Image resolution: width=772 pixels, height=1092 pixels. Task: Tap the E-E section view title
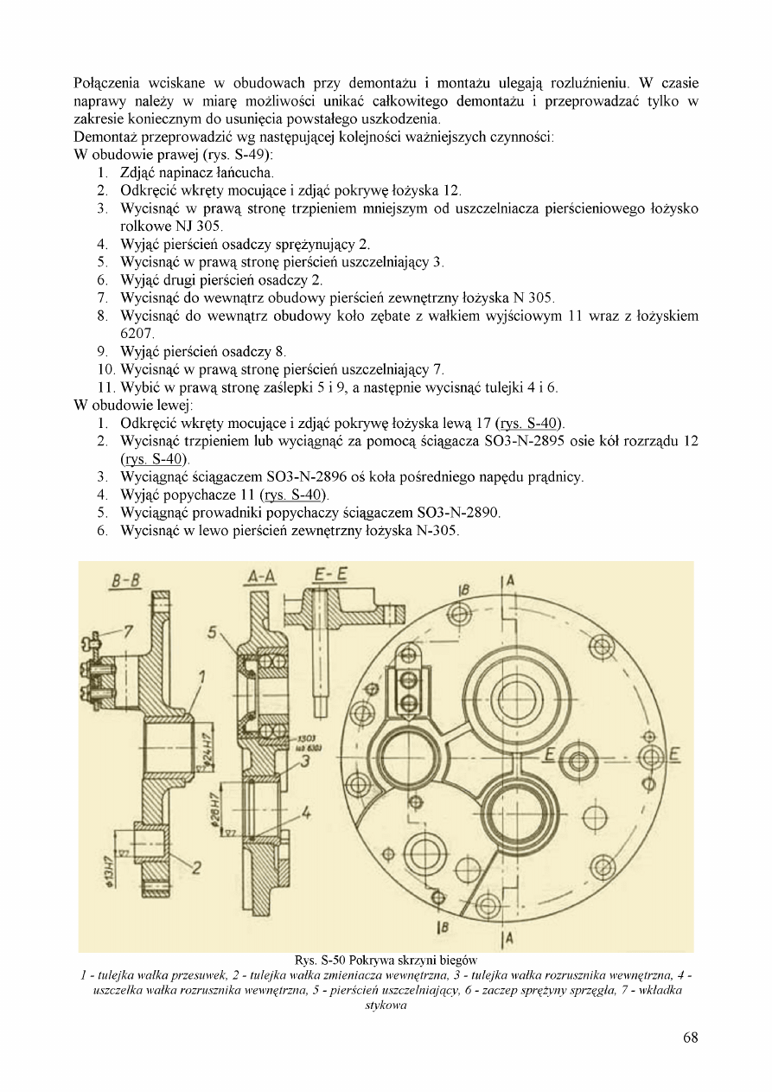(329, 576)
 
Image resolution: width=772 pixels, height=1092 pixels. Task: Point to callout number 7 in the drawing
(127, 632)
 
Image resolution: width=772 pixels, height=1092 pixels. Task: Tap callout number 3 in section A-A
(305, 761)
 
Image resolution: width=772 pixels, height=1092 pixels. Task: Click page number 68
(690, 1038)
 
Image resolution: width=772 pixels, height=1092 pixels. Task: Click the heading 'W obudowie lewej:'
(133, 406)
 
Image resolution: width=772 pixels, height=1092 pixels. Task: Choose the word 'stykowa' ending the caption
(386, 1006)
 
